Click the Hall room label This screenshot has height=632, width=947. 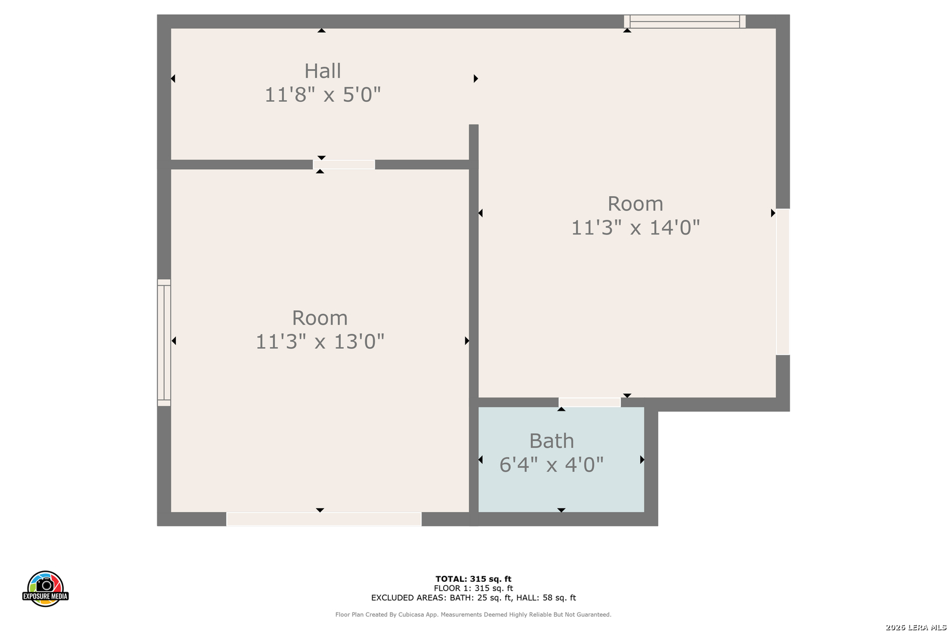(x=323, y=71)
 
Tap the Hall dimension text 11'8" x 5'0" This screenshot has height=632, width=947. (x=323, y=94)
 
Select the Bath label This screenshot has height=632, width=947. (x=552, y=441)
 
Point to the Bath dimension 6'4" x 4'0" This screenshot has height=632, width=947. (x=552, y=465)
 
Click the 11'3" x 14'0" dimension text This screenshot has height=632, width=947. (x=635, y=227)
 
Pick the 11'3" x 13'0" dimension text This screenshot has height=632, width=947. (x=320, y=341)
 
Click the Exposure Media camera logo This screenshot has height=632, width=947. (x=45, y=588)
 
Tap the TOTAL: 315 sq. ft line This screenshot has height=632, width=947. (x=473, y=579)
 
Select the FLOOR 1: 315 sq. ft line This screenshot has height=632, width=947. (x=473, y=588)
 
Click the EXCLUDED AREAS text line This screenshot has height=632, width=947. (x=473, y=597)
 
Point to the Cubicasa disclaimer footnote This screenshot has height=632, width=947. (x=473, y=614)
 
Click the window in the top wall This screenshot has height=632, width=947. (x=685, y=22)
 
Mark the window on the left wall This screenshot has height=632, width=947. (x=164, y=343)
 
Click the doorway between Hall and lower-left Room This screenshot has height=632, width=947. (x=344, y=164)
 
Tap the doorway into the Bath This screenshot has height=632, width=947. (x=590, y=402)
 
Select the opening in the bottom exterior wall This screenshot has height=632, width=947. (x=324, y=519)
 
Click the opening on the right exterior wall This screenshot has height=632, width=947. (x=783, y=281)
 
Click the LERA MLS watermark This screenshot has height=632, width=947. (x=915, y=627)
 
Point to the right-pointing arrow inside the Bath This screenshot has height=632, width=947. (x=642, y=460)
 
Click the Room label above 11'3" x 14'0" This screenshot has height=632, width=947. (x=635, y=204)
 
